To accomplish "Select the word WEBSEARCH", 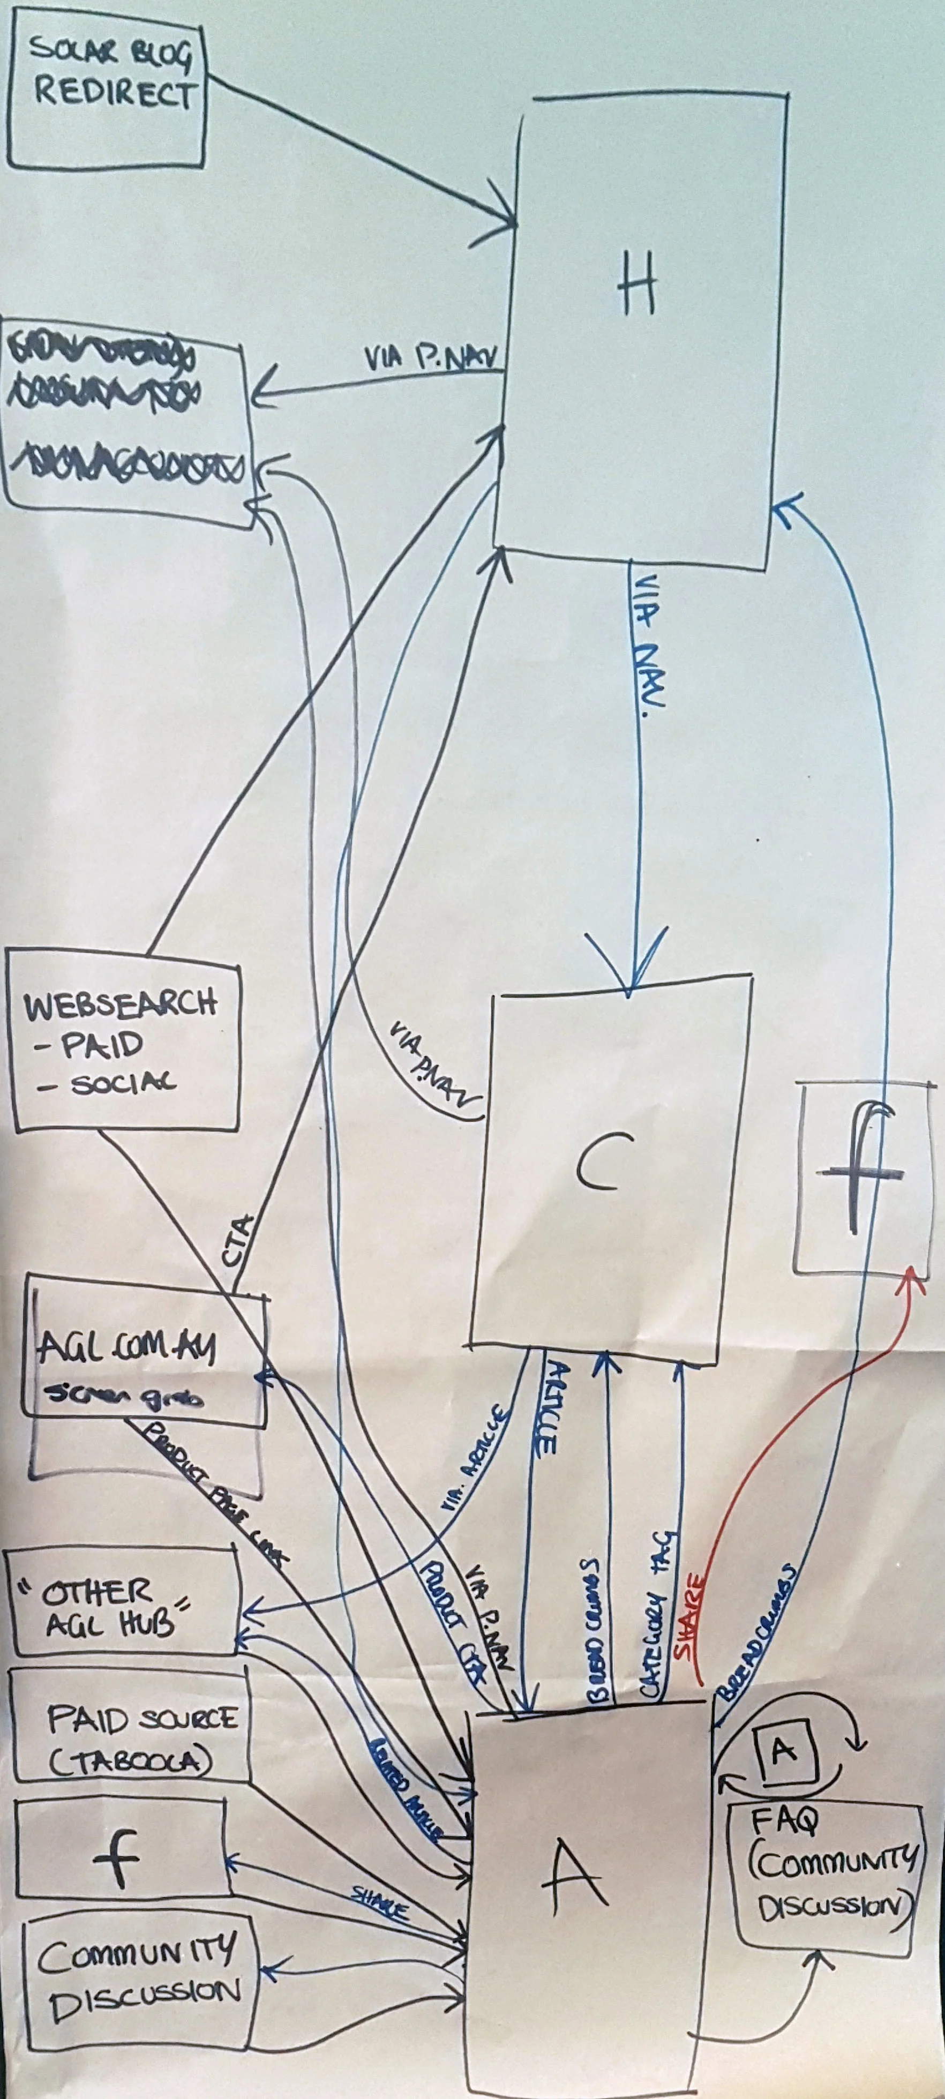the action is pos(121,1006).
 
